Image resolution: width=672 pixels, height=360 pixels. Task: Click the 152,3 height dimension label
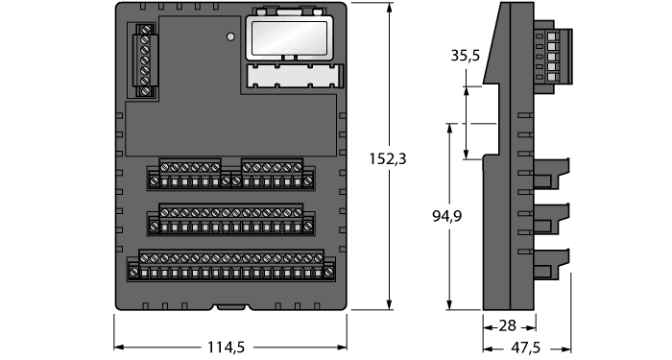tap(388, 159)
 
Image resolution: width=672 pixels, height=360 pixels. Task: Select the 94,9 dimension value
tap(446, 217)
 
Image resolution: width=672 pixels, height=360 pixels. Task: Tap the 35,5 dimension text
tap(465, 57)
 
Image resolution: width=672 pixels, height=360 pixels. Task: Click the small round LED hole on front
tap(230, 37)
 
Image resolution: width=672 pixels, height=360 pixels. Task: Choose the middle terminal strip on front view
tap(231, 219)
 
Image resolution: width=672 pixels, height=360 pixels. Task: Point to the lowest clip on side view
tap(552, 260)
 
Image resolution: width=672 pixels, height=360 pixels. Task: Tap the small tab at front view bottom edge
tap(231, 308)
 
